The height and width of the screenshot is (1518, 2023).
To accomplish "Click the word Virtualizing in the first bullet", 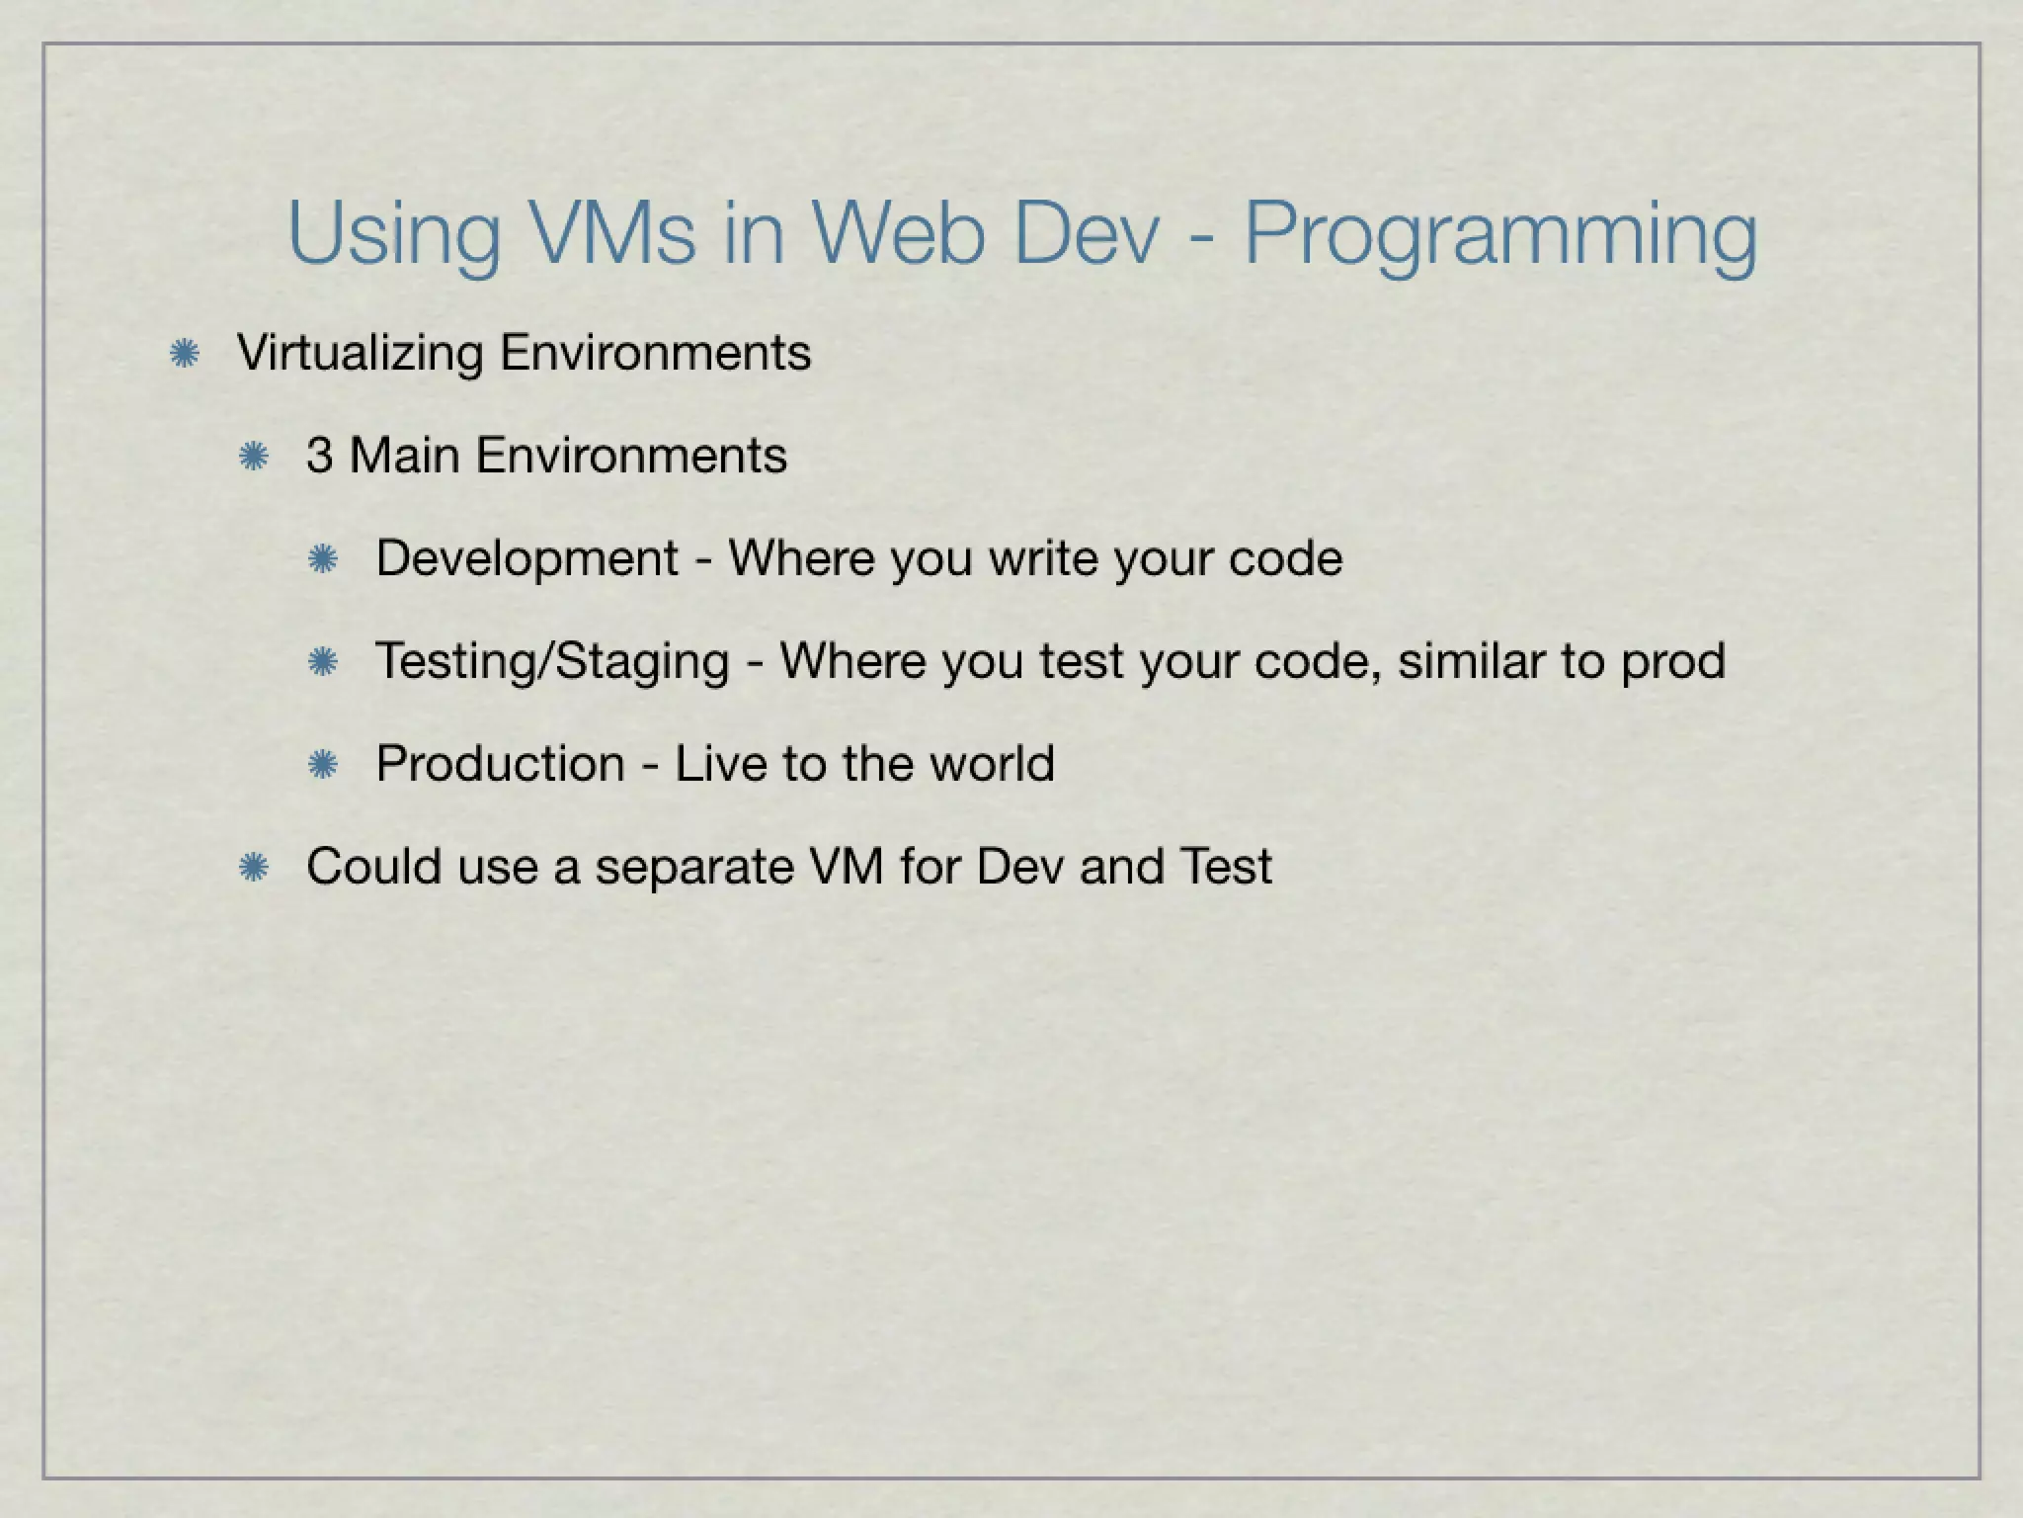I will [360, 354].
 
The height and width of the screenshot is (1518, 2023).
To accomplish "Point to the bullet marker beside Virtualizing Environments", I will [185, 354].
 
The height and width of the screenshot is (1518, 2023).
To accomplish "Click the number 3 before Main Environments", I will [319, 456].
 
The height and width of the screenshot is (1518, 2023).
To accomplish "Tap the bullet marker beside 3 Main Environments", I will [254, 456].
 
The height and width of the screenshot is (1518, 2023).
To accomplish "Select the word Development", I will [526, 558].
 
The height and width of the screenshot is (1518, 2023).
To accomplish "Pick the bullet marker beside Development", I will [323, 559].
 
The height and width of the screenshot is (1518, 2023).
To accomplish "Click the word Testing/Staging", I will [552, 661].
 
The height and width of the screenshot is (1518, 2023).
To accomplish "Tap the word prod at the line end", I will [1673, 662].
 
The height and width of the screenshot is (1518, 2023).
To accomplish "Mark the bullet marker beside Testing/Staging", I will [323, 662].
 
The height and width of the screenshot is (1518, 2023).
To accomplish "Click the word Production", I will [500, 764].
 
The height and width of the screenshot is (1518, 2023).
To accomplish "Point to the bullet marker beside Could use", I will [254, 868].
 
